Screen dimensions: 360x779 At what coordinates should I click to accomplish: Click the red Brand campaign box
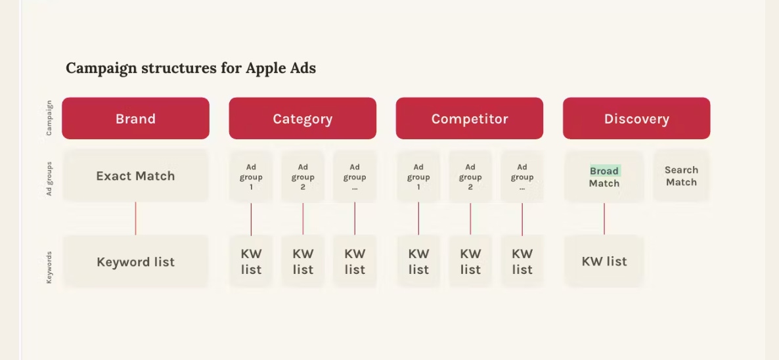coord(135,118)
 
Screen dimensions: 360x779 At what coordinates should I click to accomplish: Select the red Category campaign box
coord(302,118)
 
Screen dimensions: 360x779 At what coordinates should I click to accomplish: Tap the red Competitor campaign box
coord(469,118)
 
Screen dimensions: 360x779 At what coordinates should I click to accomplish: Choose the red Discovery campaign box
coord(636,118)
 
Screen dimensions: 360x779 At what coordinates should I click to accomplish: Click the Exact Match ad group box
coord(135,175)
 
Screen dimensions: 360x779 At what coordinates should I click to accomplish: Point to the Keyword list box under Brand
coord(135,261)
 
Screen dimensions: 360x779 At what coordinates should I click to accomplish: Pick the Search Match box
coord(681,175)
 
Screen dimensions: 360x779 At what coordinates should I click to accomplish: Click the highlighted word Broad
coord(604,171)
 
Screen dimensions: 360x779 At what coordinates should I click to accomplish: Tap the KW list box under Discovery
coord(604,261)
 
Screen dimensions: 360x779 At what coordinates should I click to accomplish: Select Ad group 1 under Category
coord(251,177)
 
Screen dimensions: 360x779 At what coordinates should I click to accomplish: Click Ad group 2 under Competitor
coord(470,177)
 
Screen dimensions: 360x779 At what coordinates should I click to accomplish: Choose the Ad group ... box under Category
coord(355,177)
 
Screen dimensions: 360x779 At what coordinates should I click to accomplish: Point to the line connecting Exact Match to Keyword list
coord(135,218)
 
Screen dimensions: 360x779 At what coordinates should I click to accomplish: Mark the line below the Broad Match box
coord(604,218)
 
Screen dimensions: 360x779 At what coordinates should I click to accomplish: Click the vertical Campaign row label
coord(49,118)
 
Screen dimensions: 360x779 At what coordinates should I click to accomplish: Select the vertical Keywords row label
coord(49,267)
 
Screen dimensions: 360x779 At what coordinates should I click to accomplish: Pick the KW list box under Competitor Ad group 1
coord(418,261)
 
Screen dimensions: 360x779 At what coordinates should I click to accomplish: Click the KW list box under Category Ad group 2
coord(303,261)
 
